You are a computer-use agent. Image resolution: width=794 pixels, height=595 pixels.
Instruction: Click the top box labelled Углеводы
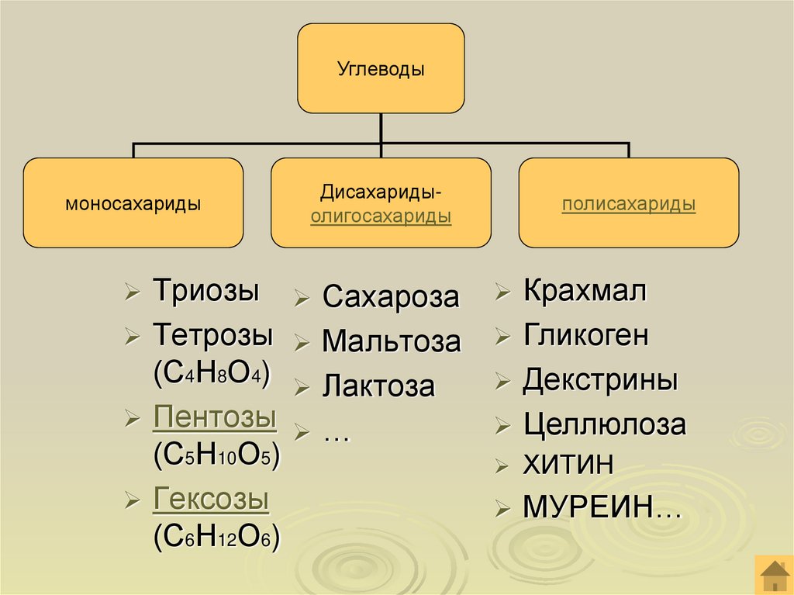point(381,68)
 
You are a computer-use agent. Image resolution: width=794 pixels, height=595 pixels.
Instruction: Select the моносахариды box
point(133,203)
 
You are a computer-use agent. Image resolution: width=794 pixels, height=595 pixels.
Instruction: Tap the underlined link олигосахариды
point(381,217)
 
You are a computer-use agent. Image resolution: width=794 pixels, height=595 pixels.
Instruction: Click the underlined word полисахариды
point(629,205)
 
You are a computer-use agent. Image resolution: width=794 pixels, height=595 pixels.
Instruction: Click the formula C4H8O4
point(212,374)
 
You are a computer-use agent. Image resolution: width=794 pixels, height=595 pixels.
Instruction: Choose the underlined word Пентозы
point(215,417)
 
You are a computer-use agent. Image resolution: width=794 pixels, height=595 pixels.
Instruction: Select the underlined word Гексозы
point(211,499)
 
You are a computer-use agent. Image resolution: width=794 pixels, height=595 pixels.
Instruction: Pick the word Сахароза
point(391,296)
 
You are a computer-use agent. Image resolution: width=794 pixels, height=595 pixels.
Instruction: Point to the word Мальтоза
point(392,341)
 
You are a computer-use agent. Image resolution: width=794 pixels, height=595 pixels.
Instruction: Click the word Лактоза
point(378,386)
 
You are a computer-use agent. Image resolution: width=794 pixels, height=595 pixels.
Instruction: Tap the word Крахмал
point(585,292)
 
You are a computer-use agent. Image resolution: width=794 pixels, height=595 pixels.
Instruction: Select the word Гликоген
point(585,336)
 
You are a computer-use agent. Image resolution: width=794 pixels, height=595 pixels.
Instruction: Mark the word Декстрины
point(600,381)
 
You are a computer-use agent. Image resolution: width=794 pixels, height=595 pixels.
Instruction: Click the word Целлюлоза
point(605,424)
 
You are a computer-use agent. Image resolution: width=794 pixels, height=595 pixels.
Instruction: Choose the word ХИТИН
point(568,465)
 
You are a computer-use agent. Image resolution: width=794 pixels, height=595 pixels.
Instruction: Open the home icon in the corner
point(772,575)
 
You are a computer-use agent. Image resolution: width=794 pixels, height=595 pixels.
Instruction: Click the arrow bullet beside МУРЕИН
point(504,509)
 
